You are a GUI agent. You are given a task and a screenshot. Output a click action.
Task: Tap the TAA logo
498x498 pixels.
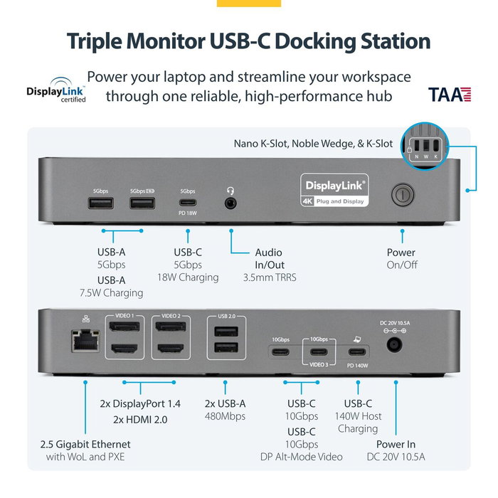[450, 95]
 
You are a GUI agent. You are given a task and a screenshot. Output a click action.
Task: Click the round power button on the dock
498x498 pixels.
[402, 194]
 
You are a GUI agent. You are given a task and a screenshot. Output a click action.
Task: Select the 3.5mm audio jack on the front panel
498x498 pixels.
[231, 203]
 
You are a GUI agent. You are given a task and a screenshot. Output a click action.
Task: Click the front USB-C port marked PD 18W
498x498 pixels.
[187, 203]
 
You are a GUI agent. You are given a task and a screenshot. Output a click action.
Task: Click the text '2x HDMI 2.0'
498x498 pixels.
[140, 419]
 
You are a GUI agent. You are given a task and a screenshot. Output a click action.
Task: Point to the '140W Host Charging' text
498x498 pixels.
[358, 422]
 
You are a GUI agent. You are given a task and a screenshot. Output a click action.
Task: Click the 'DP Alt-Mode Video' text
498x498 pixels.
[302, 457]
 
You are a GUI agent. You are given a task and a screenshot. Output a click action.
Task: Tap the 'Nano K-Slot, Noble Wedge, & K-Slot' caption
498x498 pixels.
[313, 143]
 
